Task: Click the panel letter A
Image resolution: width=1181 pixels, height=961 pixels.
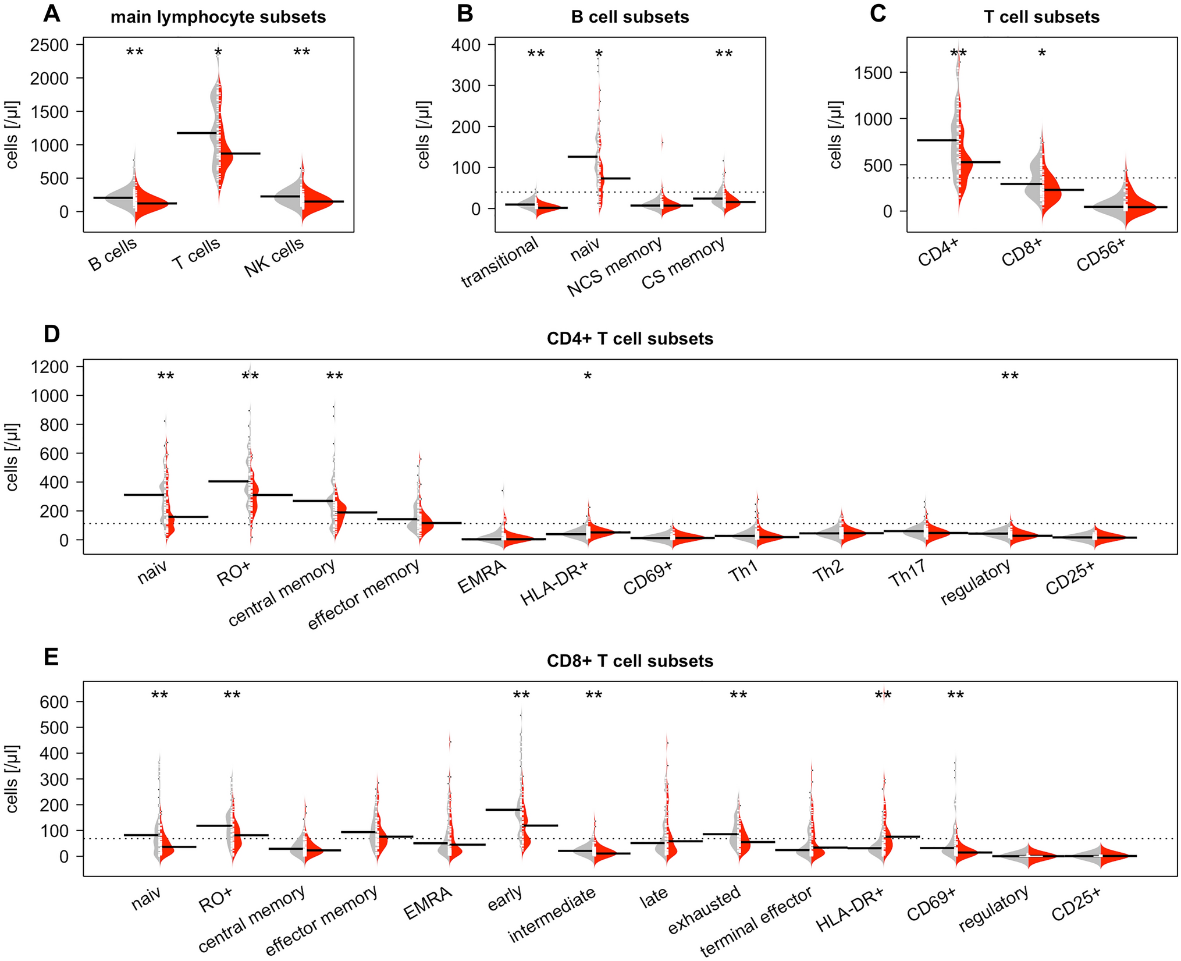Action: [x=51, y=13]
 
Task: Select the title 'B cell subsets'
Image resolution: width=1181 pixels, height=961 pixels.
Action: [x=629, y=17]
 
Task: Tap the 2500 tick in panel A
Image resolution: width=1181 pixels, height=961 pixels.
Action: [x=49, y=45]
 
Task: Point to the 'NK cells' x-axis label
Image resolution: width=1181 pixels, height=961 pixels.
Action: [x=274, y=257]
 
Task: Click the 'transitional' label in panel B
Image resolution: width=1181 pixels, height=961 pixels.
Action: [x=500, y=263]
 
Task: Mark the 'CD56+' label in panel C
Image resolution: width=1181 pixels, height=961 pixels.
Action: [x=1101, y=255]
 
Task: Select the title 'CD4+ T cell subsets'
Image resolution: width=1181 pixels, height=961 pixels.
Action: [x=629, y=339]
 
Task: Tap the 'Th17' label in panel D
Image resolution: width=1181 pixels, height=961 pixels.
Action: [x=907, y=572]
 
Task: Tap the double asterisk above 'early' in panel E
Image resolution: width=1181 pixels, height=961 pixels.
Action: [x=521, y=696]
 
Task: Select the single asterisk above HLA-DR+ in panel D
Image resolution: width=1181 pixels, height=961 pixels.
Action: [x=588, y=377]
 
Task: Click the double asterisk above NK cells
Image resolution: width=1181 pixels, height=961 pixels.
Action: [x=301, y=53]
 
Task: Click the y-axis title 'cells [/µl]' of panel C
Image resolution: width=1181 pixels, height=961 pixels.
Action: [x=835, y=135]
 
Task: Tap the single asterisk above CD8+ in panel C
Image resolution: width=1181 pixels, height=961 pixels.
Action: [x=1042, y=54]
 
